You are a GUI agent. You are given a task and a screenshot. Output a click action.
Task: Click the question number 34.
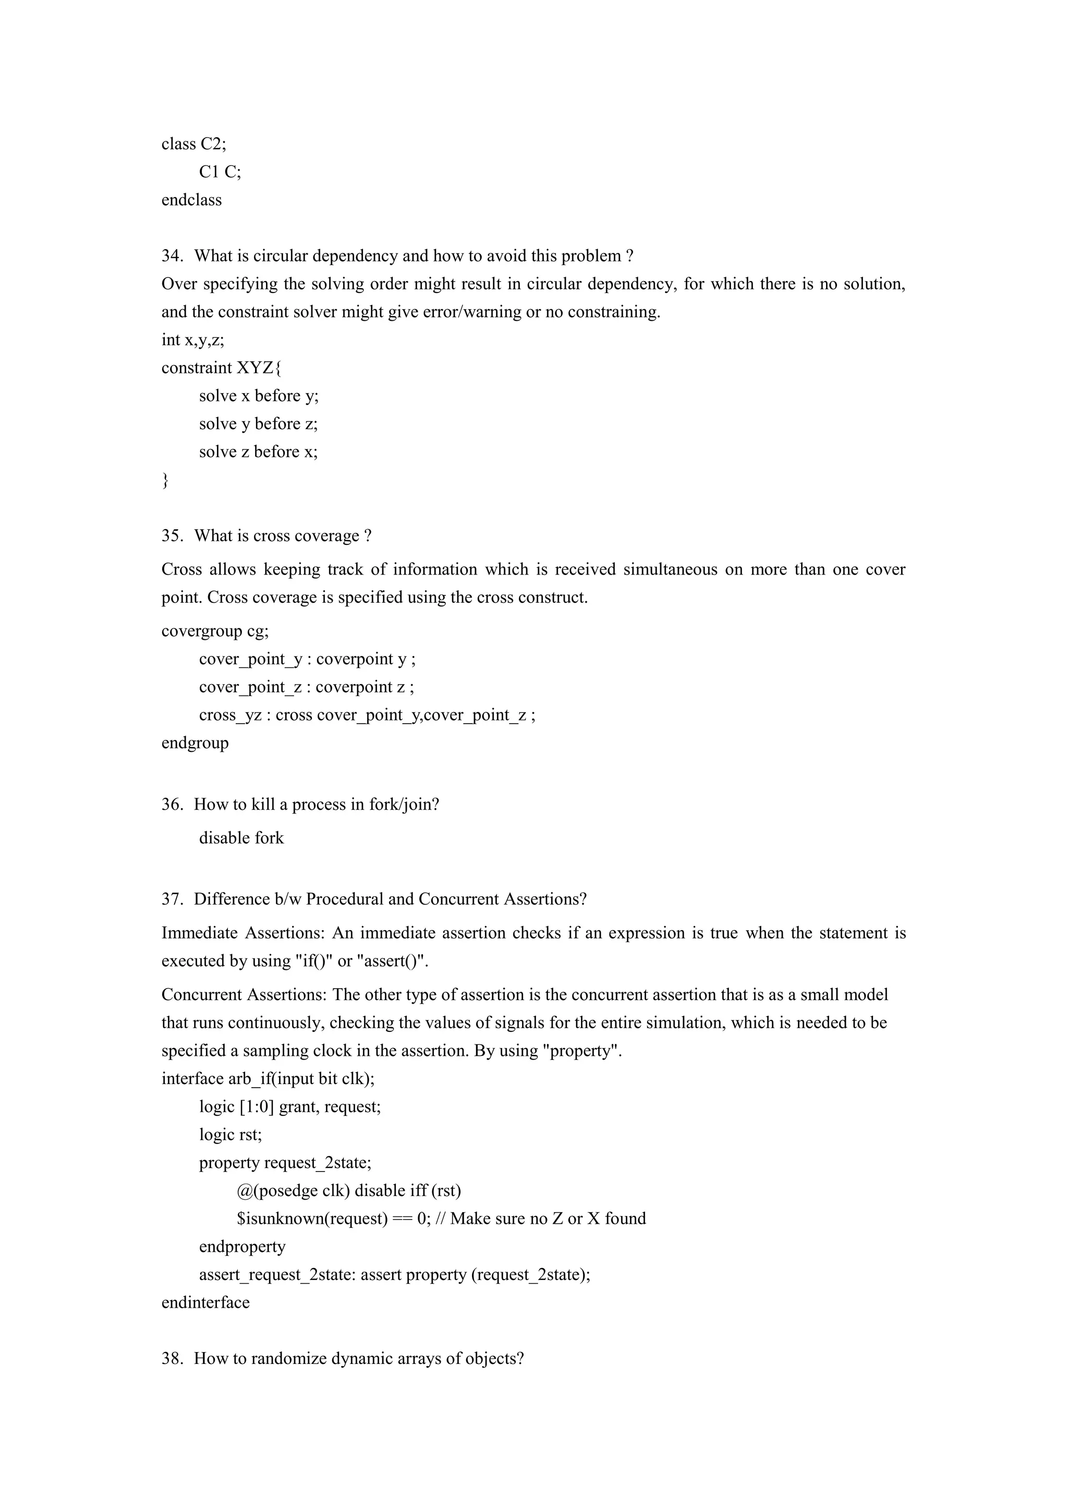(x=172, y=256)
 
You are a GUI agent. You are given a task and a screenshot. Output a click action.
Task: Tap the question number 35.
(x=172, y=536)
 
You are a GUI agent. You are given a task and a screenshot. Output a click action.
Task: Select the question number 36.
(x=172, y=805)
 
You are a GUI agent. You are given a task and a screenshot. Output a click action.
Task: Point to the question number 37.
(x=172, y=899)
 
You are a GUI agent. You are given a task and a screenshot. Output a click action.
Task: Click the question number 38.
(x=172, y=1359)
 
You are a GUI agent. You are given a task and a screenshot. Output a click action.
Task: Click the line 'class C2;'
(x=193, y=144)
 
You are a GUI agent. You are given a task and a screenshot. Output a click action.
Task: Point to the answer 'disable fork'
(x=241, y=838)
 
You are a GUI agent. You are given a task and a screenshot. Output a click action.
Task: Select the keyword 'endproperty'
(x=242, y=1247)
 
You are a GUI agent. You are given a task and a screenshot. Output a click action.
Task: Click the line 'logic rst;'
(x=230, y=1135)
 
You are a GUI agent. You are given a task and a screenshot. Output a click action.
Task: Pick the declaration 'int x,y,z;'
(x=192, y=340)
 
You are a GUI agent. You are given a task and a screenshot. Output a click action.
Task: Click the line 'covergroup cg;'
(x=214, y=631)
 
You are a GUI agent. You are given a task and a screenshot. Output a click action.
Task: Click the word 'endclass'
(x=191, y=200)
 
